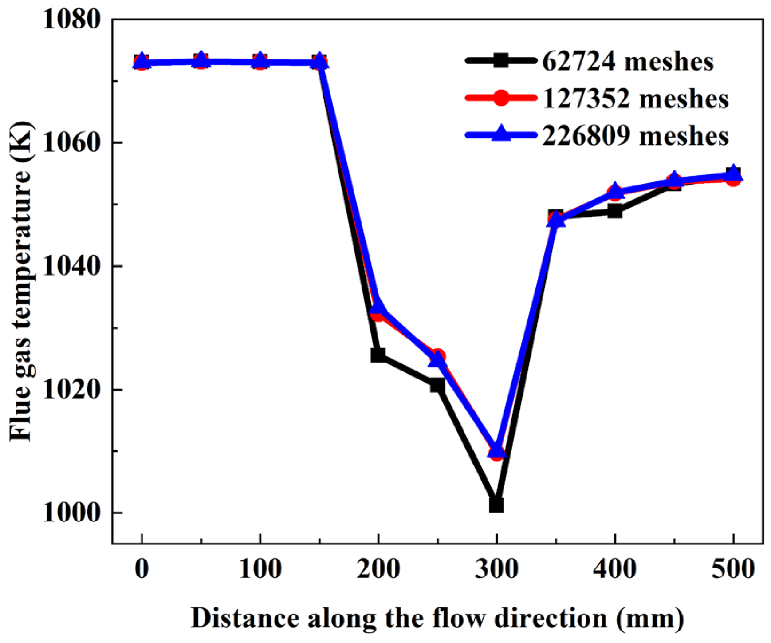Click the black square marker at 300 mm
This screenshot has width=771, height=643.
pyautogui.click(x=496, y=505)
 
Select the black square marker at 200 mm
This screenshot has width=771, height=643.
pyautogui.click(x=378, y=355)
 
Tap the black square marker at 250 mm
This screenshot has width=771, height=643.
pyautogui.click(x=437, y=385)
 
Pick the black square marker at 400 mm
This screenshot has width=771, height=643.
pyautogui.click(x=615, y=211)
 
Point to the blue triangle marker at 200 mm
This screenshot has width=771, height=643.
pyautogui.click(x=378, y=307)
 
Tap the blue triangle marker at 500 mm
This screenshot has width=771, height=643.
pyautogui.click(x=733, y=173)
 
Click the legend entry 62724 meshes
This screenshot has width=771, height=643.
pyautogui.click(x=628, y=61)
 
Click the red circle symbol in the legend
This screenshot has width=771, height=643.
pyautogui.click(x=501, y=98)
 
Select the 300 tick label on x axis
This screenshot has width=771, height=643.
pyautogui.click(x=496, y=569)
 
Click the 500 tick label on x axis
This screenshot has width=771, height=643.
pyautogui.click(x=733, y=569)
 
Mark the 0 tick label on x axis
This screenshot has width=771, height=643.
pyautogui.click(x=142, y=569)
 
